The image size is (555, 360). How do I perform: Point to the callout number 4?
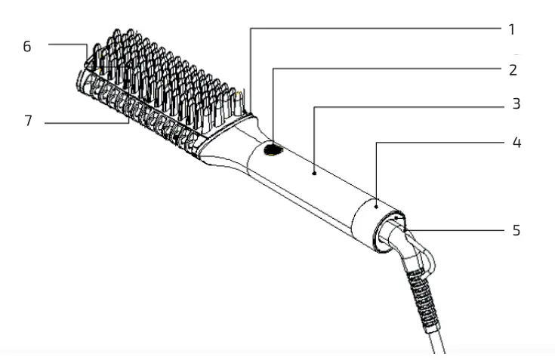tap(515, 141)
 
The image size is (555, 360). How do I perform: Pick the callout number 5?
tap(516, 229)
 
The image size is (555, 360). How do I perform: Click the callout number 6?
tap(27, 46)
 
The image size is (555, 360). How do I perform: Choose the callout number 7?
tap(28, 121)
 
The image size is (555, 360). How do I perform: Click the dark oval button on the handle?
tap(273, 152)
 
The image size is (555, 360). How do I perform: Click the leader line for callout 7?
tap(83, 121)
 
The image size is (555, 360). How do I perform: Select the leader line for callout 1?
tap(378, 29)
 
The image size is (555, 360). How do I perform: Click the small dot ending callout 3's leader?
tap(313, 173)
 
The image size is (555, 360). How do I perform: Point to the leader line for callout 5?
tap(461, 229)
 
